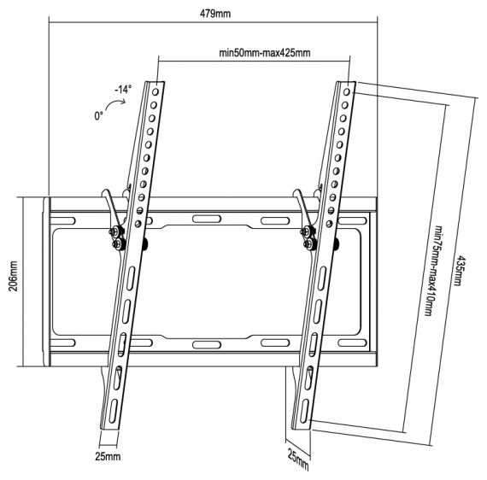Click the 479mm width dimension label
[x=215, y=14]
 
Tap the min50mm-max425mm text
[x=265, y=53]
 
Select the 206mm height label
[x=13, y=276]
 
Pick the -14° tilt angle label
[x=123, y=90]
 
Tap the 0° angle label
[x=98, y=116]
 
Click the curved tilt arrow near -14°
[x=115, y=103]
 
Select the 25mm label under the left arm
[x=108, y=456]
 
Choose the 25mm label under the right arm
[x=298, y=460]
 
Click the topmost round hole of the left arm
[x=155, y=92]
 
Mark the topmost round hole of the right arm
[x=347, y=92]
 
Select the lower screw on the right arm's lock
[x=309, y=244]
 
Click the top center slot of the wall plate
[x=207, y=219]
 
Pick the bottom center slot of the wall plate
[x=207, y=345]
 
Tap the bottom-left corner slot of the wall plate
[x=62, y=343]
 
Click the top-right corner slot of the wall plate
[x=352, y=220]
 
